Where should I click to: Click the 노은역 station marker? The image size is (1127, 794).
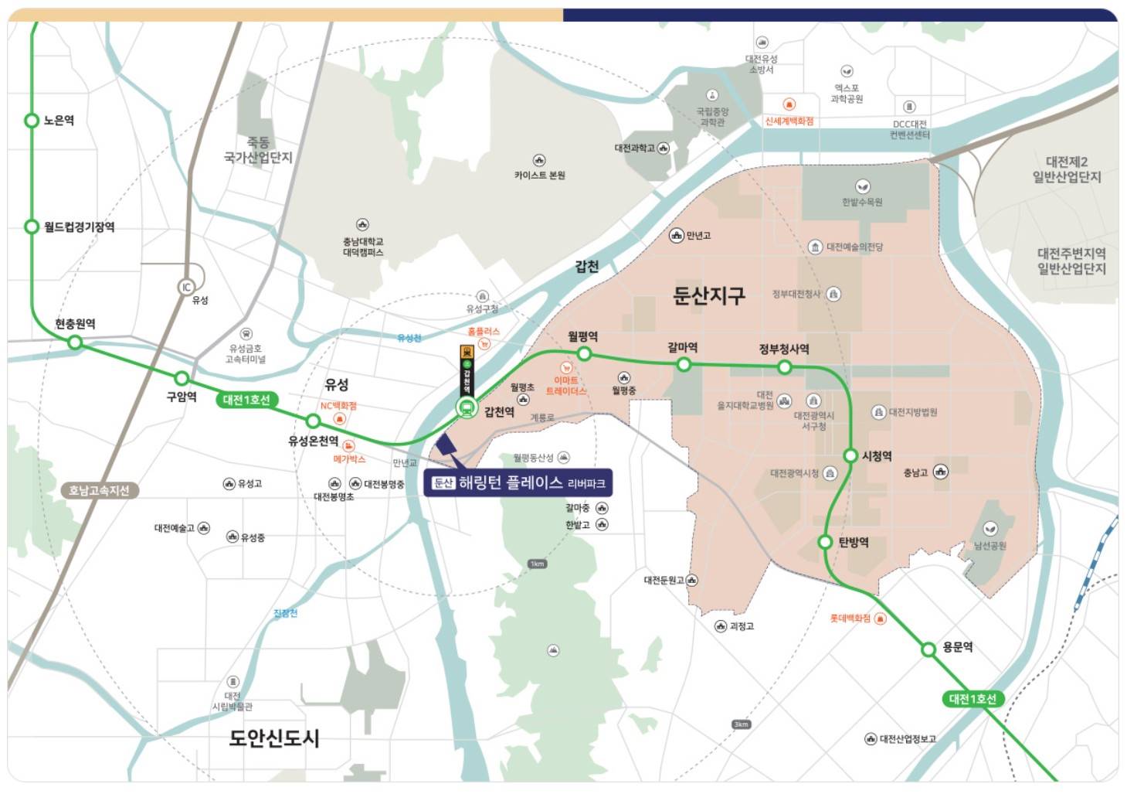pos(32,121)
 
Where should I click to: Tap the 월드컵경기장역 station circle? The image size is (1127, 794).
pos(32,227)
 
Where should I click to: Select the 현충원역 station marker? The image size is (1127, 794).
pos(76,342)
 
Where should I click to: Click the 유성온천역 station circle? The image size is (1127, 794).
pos(313,421)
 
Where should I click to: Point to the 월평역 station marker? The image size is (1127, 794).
pos(585,354)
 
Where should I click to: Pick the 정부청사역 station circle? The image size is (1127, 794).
pos(785,367)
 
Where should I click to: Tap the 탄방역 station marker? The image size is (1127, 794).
pos(825,542)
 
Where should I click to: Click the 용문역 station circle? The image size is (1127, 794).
pos(928,649)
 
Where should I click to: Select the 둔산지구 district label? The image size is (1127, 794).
pos(708,295)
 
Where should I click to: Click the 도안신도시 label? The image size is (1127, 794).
pos(274,738)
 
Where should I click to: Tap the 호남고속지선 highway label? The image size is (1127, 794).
pos(99,490)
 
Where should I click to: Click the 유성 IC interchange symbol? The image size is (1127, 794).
pos(186,288)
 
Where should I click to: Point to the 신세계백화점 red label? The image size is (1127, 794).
pos(789,121)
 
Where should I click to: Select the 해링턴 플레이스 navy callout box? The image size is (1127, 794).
pos(518,483)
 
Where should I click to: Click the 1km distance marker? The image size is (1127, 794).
pos(537,564)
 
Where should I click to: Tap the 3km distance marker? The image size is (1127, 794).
pos(741,724)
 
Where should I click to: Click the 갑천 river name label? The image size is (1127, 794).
pos(587,267)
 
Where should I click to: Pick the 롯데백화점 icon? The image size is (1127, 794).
pos(880,619)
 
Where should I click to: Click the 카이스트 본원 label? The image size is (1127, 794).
pos(539,175)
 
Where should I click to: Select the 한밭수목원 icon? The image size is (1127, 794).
pos(862,186)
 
